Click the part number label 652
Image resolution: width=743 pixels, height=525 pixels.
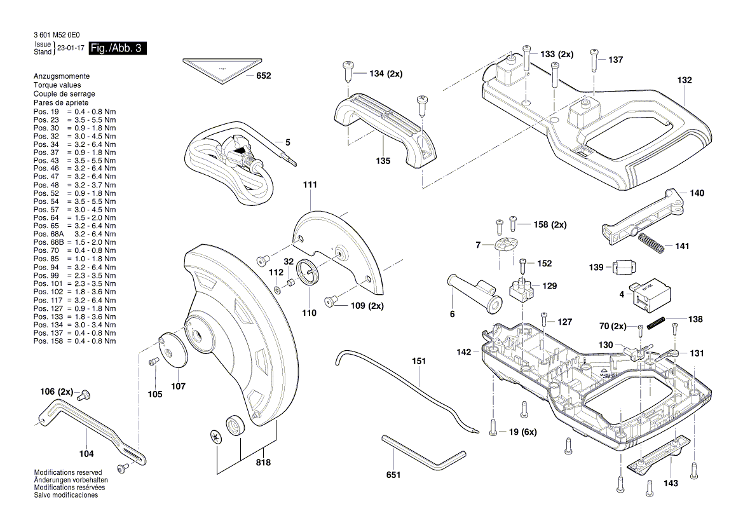264,76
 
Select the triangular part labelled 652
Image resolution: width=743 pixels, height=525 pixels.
222,68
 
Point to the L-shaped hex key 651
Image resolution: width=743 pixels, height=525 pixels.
423,453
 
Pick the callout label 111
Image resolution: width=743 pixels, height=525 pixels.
310,185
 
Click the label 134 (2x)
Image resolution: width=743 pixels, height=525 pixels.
386,74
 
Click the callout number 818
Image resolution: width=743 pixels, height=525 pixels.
263,463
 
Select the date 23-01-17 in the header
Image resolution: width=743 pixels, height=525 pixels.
71,48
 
